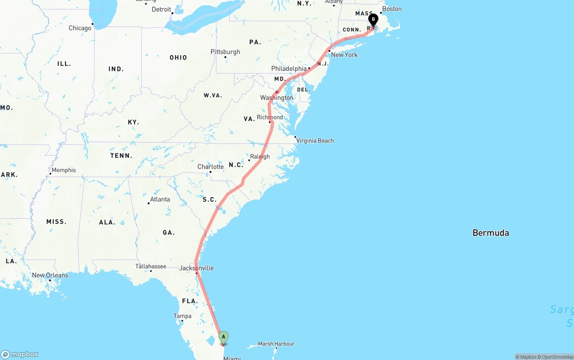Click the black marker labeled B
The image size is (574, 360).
tap(373, 20)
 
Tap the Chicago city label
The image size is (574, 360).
tap(80, 28)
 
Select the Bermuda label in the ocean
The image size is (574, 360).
tap(491, 233)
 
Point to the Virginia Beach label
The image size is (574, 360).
tap(315, 141)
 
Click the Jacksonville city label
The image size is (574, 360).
tap(196, 268)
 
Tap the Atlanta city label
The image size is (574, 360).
tap(160, 200)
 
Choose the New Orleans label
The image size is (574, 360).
tap(50, 275)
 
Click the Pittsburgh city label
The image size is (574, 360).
tap(225, 52)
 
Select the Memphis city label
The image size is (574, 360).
tap(64, 170)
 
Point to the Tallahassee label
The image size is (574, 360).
tap(151, 266)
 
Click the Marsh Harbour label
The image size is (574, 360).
tap(276, 344)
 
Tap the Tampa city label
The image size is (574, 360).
tap(183, 316)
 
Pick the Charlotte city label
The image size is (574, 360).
tap(210, 167)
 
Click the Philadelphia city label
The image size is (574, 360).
tap(289, 69)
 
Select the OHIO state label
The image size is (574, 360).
tap(178, 57)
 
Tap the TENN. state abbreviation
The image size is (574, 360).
tap(121, 156)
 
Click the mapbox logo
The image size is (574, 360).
tap(20, 354)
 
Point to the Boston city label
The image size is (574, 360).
tap(391, 9)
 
